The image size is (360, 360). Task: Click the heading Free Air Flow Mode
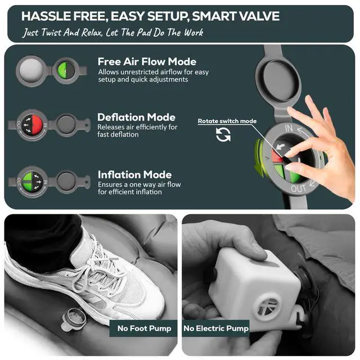tap(147, 61)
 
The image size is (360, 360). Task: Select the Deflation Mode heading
tap(136, 117)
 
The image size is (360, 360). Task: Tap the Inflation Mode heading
tap(135, 175)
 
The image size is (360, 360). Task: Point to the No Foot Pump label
tap(144, 328)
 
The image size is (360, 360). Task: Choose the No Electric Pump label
tap(216, 328)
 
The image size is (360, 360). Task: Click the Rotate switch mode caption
tap(227, 121)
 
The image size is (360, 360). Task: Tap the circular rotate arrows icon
tap(223, 134)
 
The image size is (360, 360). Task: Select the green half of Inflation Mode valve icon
tap(28, 182)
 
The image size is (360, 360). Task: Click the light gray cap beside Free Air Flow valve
tap(31, 71)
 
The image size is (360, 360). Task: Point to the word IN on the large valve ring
tap(289, 128)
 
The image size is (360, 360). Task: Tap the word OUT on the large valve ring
tap(298, 188)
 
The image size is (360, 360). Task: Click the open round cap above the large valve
tap(279, 81)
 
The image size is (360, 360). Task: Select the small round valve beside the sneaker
tap(74, 319)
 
